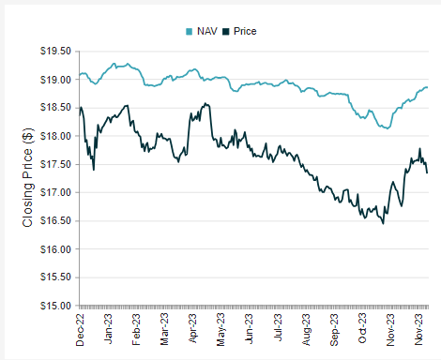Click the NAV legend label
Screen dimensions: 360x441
[207, 31]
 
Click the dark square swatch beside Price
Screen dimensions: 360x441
[226, 31]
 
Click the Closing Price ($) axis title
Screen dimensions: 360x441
[27, 178]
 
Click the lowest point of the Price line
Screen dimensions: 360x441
[383, 224]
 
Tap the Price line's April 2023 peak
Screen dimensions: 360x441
[205, 103]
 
